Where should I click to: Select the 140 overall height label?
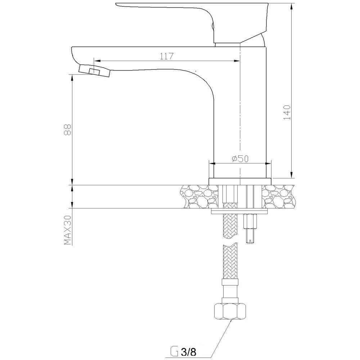pos(287,112)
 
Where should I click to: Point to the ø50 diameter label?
pos(240,158)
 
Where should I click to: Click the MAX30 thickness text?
pos(68,230)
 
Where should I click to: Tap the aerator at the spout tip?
pos(95,71)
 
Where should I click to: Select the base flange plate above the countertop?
pos(240,181)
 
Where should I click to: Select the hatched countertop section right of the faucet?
pos(278,197)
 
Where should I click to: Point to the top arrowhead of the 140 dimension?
pos(291,6)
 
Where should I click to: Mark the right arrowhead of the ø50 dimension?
pos(268,164)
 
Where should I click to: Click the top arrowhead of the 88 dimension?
pos(72,78)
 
